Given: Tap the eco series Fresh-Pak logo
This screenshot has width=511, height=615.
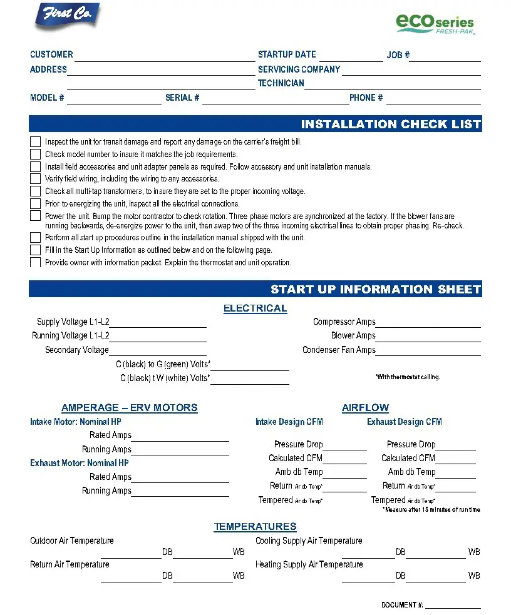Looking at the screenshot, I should [x=435, y=23].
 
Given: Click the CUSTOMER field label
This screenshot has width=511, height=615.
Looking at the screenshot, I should [x=51, y=54].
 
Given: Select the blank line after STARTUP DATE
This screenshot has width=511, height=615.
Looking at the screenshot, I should [x=351, y=58].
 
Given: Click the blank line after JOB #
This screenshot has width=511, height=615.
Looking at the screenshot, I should [x=445, y=58].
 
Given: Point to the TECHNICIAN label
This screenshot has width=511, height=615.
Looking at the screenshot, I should [x=281, y=83].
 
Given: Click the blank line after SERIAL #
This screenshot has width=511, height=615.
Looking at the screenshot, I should [x=275, y=100].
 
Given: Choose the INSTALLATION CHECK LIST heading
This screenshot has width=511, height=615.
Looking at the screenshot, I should [x=390, y=124].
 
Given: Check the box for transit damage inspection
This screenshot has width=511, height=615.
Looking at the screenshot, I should [x=35, y=142].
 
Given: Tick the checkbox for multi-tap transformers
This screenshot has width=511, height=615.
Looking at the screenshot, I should [x=35, y=191].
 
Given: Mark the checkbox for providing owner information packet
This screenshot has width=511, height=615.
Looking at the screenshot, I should [x=35, y=263].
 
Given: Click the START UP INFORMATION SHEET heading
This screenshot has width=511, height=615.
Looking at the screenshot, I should [x=375, y=289].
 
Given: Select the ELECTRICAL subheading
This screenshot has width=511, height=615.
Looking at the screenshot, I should [x=255, y=308].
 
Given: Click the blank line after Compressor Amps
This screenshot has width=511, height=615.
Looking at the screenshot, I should [x=428, y=325].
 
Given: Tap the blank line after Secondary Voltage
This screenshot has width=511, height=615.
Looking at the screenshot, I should [x=157, y=352].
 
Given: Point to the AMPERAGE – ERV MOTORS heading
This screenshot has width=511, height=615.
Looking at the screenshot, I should [x=129, y=408].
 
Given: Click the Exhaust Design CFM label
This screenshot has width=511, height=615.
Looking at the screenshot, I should [x=404, y=422].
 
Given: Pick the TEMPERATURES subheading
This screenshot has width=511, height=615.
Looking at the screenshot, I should [x=255, y=527].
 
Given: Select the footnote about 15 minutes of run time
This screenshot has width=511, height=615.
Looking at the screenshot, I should [x=431, y=510].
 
